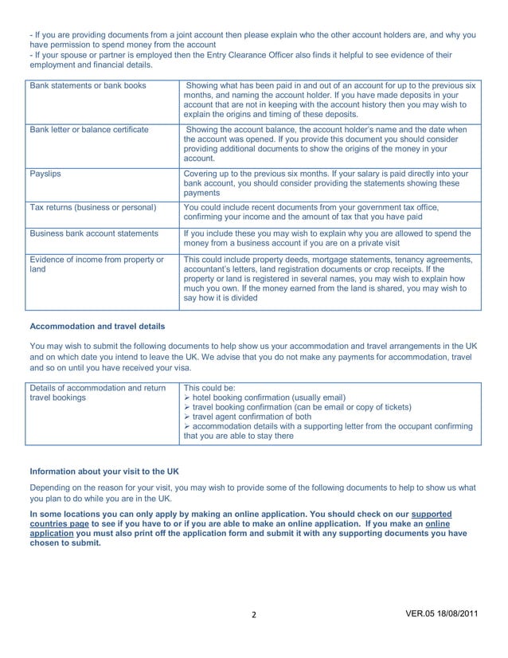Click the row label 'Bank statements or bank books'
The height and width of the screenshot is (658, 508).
[88, 85]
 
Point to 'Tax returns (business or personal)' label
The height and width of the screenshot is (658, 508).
[92, 207]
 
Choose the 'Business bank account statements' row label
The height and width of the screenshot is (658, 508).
[93, 233]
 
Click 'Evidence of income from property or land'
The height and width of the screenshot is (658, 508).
[96, 264]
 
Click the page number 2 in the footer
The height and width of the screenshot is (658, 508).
[253, 638]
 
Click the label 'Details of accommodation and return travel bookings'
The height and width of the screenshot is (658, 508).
[96, 392]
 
